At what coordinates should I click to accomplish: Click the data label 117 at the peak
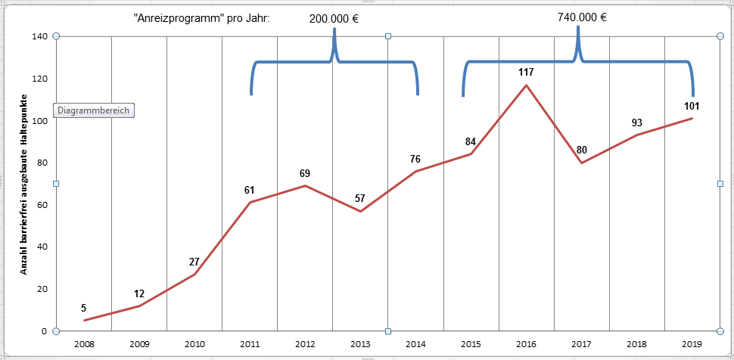526,73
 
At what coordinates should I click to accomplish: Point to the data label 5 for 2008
83,308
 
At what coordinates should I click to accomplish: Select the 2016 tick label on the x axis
526,344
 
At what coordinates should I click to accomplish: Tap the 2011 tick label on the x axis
250,344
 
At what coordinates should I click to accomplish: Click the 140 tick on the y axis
40,36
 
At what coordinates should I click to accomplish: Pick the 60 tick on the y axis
42,204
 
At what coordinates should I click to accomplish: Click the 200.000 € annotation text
334,19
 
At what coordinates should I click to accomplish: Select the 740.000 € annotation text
582,17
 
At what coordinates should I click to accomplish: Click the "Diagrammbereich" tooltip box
94,110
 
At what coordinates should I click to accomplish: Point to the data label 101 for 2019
691,106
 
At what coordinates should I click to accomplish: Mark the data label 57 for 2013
360,199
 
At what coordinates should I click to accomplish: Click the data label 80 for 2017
581,150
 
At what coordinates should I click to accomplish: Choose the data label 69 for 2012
305,174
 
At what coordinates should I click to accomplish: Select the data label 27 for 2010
194,262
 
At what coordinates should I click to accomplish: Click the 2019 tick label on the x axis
692,344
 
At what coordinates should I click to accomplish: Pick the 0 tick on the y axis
45,331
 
